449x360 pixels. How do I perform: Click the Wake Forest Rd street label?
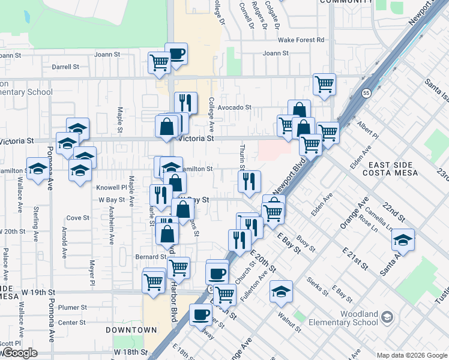coord(301,40)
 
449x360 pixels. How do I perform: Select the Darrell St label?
coord(65,67)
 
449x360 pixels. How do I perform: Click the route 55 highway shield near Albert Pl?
coord(366,93)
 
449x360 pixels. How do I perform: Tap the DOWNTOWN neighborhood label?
coord(131,330)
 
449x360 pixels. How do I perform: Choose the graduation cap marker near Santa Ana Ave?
coord(403,240)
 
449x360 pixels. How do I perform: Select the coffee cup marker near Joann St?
coord(176,54)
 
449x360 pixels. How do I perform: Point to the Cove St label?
coord(77,218)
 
